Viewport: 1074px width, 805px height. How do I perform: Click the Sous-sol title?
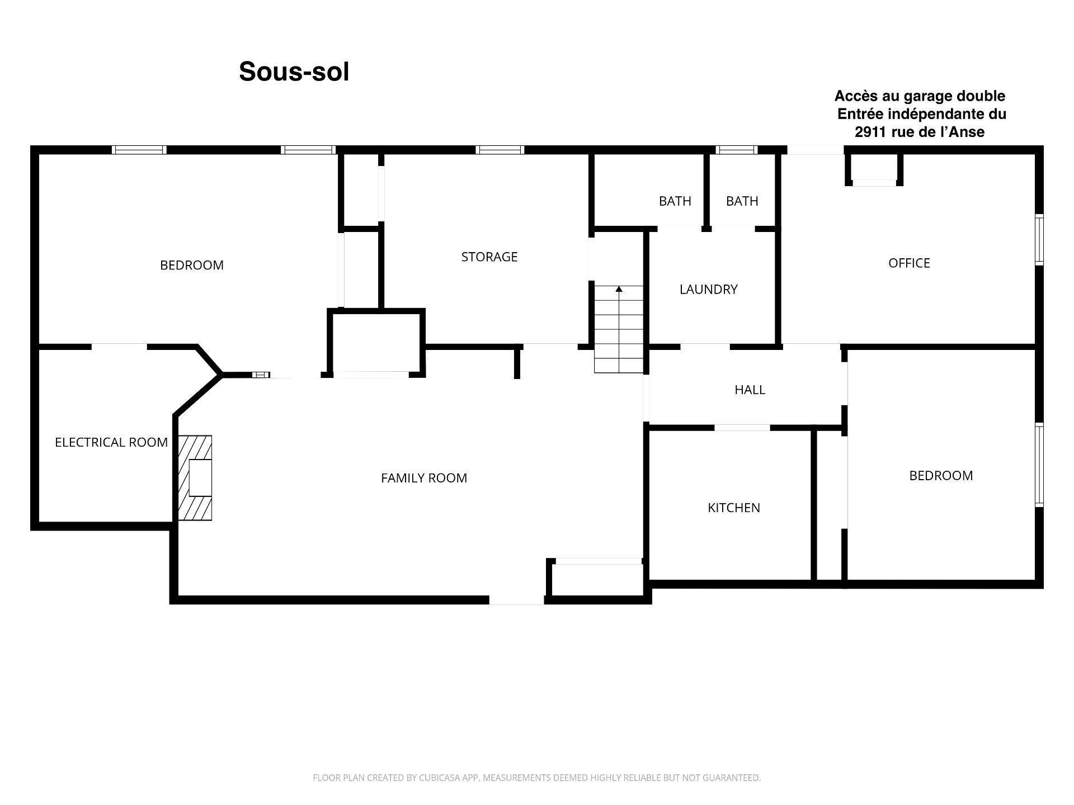pos(294,72)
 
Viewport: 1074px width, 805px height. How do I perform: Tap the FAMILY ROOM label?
pos(424,478)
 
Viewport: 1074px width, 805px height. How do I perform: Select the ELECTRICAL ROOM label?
pos(111,442)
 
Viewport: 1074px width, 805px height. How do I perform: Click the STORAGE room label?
pos(489,257)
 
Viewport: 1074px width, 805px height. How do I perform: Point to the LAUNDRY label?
pos(709,289)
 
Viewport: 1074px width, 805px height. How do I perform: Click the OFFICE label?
pos(910,263)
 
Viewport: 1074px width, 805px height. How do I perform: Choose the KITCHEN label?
pos(734,508)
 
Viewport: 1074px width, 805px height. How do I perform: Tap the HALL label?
pos(750,390)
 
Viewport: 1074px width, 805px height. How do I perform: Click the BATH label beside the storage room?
pos(675,201)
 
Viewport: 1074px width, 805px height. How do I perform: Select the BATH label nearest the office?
pos(742,201)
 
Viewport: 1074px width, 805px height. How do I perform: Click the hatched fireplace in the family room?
pos(195,478)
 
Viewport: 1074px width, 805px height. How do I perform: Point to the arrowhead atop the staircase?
pos(619,289)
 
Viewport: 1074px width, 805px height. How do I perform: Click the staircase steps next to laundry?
pos(619,329)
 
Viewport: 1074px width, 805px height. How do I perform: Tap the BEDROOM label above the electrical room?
pos(192,265)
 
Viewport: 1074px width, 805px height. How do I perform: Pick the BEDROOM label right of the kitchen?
pos(941,476)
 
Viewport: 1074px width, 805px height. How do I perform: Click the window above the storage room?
pos(500,149)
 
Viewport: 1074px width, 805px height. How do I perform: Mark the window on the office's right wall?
pos(1039,239)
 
